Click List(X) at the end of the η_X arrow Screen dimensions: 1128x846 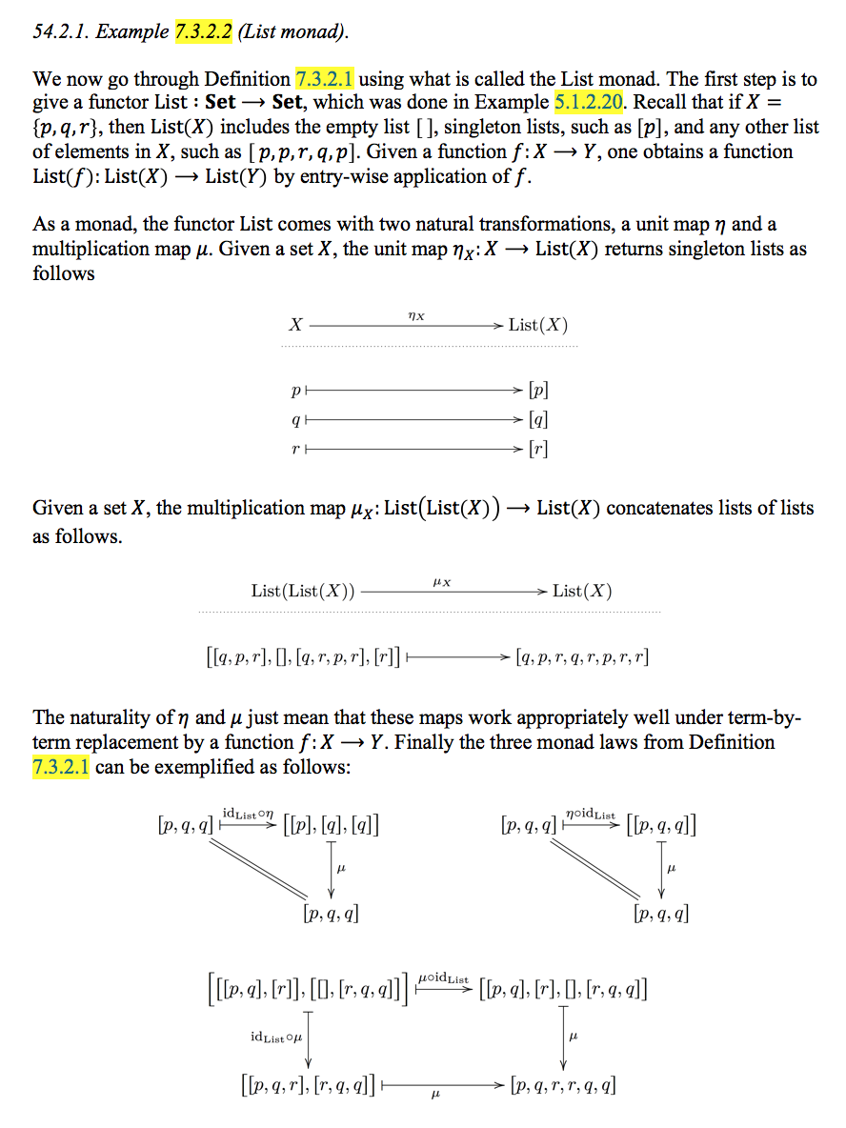point(538,325)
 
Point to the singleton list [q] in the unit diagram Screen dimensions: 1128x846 point(537,419)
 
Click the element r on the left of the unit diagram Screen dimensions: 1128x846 point(296,449)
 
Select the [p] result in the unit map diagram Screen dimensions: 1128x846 point(537,391)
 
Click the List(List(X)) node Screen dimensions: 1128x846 point(303,591)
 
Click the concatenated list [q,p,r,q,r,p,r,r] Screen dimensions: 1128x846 point(582,656)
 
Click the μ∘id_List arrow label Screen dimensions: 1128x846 point(443,979)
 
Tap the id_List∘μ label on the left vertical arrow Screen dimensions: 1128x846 point(276,1036)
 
